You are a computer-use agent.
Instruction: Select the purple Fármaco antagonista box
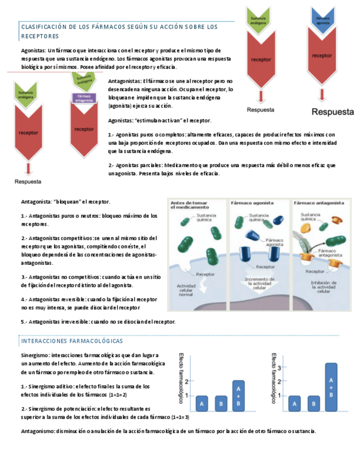(84, 97)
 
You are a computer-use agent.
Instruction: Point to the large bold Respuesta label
(333, 112)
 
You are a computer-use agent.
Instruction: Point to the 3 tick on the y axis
(280, 367)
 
